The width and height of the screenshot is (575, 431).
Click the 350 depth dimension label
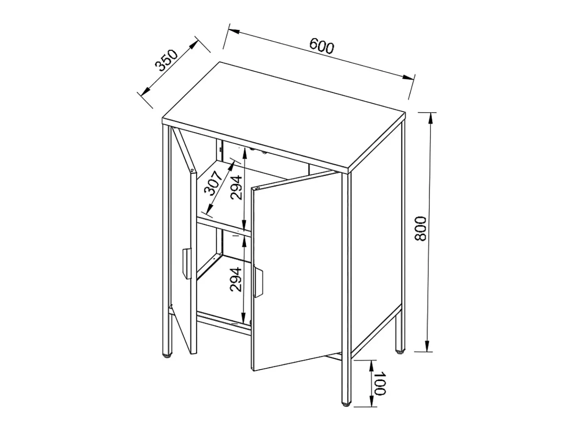(167, 61)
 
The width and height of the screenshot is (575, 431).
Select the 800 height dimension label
(421, 229)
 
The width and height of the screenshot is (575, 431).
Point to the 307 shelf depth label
(213, 183)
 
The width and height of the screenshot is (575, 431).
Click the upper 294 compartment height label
(236, 188)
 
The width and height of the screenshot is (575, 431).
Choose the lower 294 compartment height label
(236, 279)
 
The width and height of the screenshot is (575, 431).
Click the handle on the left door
(187, 264)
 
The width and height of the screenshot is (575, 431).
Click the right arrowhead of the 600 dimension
(408, 77)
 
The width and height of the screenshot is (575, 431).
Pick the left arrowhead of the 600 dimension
(234, 32)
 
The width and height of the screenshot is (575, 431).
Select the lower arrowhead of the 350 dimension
(146, 91)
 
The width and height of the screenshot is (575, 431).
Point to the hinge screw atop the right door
(257, 188)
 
